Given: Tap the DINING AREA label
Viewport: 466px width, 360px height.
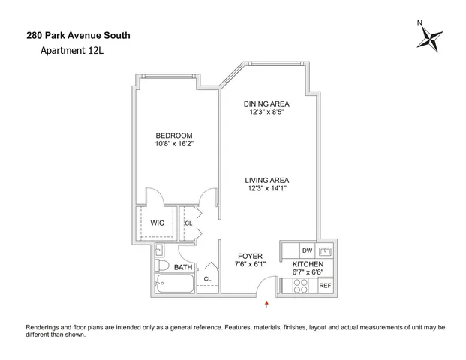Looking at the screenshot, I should (266, 103).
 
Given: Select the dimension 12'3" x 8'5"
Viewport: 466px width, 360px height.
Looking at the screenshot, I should (266, 112).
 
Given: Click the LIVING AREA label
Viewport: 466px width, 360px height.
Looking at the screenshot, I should (266, 180).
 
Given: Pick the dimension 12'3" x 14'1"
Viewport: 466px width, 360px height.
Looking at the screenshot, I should (266, 189).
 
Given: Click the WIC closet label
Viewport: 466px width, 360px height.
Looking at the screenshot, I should (158, 223).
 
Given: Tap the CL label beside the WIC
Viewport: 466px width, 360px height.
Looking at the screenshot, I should (188, 223).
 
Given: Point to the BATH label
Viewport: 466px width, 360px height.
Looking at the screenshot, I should (183, 267).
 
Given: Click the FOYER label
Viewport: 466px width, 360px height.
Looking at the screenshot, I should (250, 255).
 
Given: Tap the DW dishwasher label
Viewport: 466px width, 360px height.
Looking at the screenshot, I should (306, 250).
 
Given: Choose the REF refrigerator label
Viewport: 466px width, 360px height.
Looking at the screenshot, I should (325, 285).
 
